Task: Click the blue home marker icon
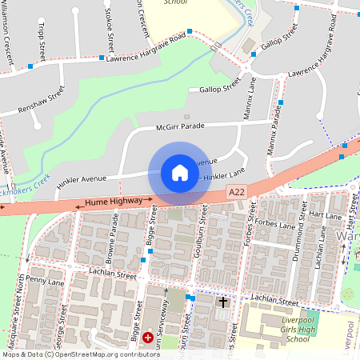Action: click(x=180, y=173)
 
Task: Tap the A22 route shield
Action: click(x=237, y=192)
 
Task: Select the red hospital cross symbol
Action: click(x=148, y=339)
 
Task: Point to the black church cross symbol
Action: click(x=223, y=302)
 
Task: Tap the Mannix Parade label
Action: click(x=276, y=128)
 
